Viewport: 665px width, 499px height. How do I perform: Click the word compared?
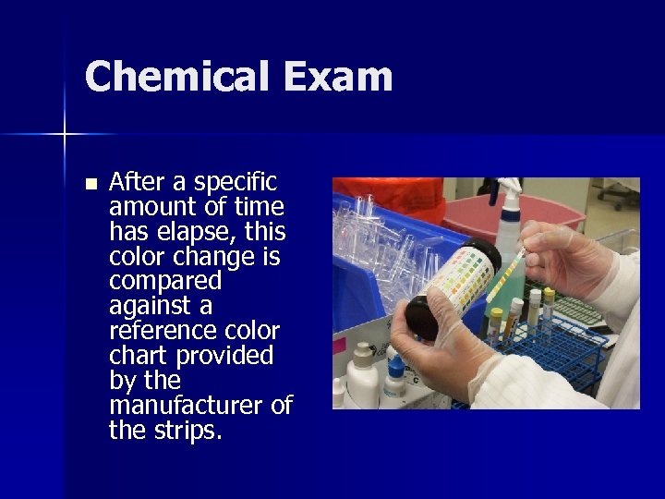point(165,281)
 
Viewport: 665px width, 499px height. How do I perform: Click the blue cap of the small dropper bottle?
point(394,367)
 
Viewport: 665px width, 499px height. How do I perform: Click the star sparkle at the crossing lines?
point(65,135)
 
